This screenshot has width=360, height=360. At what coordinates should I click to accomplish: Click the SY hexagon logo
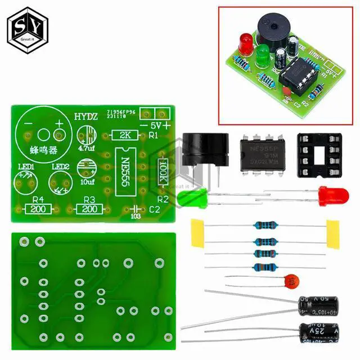pos(26,26)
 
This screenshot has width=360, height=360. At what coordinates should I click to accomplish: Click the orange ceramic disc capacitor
pos(290,280)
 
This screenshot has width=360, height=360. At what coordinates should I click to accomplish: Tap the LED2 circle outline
pos(62,182)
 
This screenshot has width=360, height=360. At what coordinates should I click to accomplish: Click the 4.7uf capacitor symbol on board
pos(88,136)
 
